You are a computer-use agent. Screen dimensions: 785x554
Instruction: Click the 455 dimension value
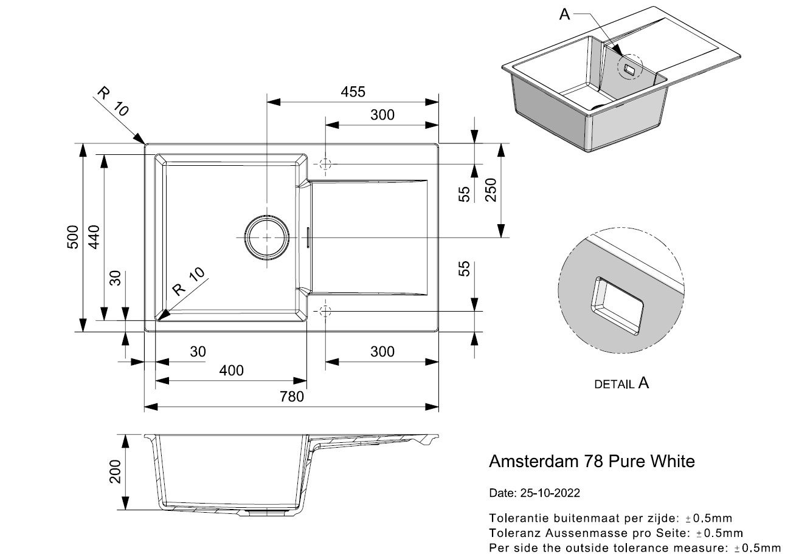(x=353, y=92)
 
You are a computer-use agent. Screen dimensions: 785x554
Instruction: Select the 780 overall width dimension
(x=292, y=397)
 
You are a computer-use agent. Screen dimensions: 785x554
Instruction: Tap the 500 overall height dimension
(x=72, y=237)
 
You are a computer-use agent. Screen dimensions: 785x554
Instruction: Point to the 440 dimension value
(x=94, y=237)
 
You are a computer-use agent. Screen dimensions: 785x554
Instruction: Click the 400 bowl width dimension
(x=231, y=371)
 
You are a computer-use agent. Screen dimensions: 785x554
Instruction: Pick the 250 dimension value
(x=491, y=190)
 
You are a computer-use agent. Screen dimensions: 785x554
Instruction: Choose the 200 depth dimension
(x=116, y=472)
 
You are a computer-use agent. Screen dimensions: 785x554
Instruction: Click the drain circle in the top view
(x=267, y=216)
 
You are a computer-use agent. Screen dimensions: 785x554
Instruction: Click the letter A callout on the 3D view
(x=564, y=15)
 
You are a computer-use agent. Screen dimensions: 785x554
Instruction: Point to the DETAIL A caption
(x=621, y=383)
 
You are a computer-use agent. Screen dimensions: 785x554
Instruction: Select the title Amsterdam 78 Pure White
(x=592, y=461)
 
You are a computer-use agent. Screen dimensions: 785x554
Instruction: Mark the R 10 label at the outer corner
(x=113, y=101)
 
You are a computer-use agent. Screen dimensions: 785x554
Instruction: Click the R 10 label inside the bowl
(x=188, y=281)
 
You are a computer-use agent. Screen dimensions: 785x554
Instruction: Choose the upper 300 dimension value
(x=382, y=115)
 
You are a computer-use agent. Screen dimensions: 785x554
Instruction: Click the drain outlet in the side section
(x=266, y=513)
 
